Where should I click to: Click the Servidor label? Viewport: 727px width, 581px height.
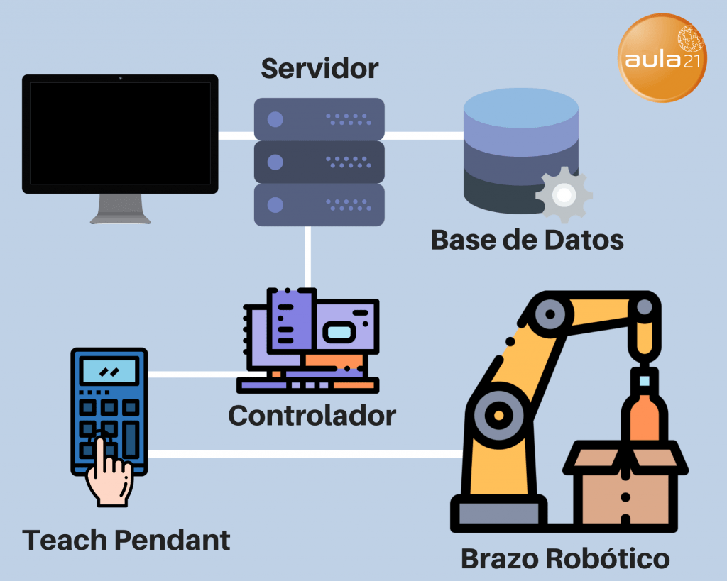point(319,70)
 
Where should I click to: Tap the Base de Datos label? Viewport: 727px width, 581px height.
point(527,240)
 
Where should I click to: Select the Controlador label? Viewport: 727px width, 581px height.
point(312,415)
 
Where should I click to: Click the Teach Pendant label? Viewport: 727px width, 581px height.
point(126,541)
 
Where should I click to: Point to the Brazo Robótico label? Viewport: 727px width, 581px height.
point(565,558)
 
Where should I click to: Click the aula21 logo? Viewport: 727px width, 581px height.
point(662,58)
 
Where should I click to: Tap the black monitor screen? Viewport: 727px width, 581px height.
point(120,133)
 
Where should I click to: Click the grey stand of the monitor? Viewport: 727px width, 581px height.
point(121,209)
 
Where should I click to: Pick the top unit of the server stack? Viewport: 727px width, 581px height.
point(319,119)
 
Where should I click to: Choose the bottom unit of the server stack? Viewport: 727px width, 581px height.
point(319,205)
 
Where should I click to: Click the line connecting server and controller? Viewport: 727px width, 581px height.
point(308,257)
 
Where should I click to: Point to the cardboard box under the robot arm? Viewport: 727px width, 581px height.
point(625,489)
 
